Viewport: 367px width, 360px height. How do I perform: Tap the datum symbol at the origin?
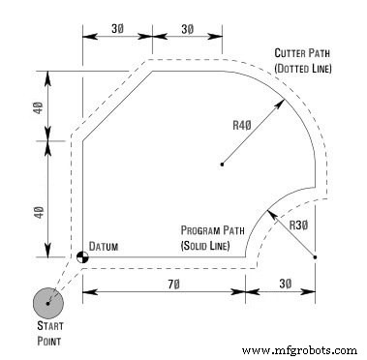[80, 257]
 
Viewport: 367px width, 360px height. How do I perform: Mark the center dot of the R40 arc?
[222, 165]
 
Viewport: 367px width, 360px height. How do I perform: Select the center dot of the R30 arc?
[315, 256]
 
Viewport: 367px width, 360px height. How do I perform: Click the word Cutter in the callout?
[293, 54]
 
